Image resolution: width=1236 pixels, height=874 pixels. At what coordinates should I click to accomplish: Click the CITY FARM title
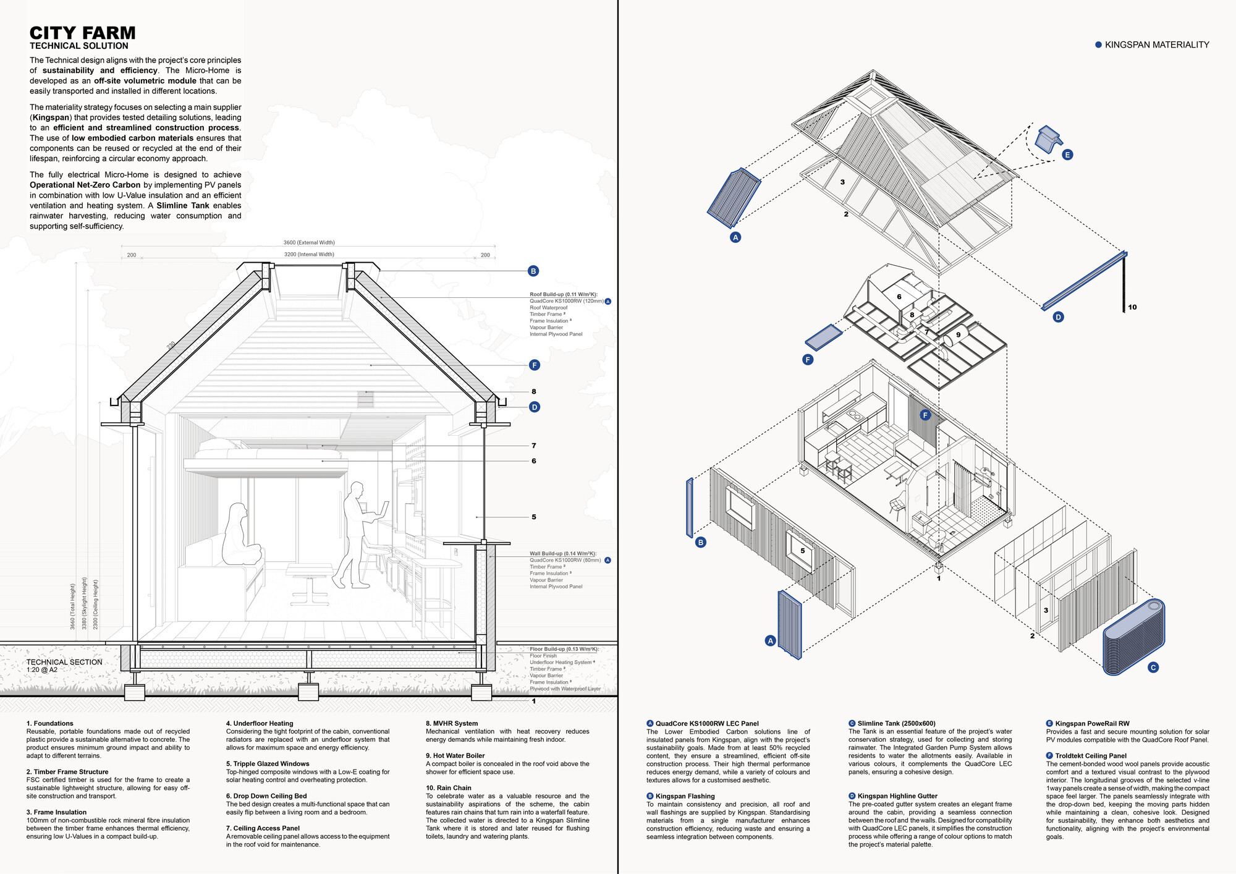82,33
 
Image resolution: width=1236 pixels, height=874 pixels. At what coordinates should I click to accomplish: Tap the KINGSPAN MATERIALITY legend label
1156,45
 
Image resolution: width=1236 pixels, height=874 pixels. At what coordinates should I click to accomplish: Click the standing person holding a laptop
357,535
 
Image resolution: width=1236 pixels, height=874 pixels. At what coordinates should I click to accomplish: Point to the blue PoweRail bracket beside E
1048,139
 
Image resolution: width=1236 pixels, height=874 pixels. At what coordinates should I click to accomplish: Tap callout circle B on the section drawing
533,271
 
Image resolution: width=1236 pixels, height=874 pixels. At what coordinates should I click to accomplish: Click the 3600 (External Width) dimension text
309,242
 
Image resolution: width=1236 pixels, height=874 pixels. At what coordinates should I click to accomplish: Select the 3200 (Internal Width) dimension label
309,254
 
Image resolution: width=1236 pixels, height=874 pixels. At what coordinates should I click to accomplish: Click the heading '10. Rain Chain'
448,787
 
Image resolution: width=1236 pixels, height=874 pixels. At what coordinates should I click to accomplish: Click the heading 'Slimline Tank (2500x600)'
896,723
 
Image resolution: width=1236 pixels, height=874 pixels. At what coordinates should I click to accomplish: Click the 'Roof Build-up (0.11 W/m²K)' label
563,294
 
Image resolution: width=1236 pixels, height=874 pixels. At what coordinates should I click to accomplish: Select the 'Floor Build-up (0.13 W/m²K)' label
564,649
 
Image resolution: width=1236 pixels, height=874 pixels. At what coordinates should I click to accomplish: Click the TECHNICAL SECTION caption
64,662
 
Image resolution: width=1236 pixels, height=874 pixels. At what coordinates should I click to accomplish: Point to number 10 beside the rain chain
1132,307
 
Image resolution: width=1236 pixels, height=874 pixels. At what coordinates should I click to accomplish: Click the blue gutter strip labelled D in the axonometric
1085,281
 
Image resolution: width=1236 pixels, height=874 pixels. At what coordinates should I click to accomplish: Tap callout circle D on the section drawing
535,407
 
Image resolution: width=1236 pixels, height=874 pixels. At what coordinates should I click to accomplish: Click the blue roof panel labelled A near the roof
734,198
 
